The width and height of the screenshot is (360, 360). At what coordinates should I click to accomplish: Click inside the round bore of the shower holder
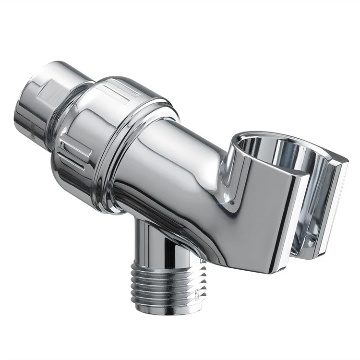click(x=283, y=154)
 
